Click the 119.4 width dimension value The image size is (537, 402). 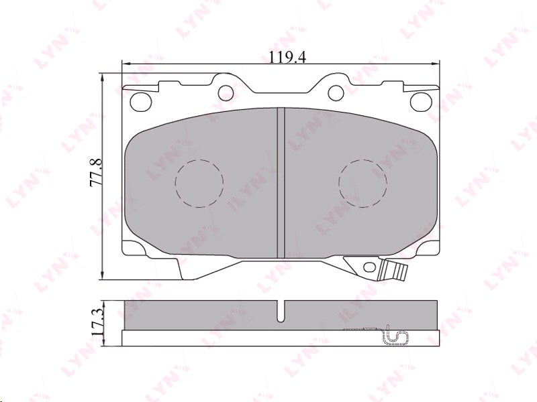287,58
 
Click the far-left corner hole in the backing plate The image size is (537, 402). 141,101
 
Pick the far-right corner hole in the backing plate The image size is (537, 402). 420,101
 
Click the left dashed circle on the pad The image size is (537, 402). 199,183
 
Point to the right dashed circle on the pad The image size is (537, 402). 362,183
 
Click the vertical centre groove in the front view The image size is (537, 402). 281,182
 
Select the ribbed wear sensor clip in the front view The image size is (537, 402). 393,270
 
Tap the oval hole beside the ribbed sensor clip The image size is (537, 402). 369,267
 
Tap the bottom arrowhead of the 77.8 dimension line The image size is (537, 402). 103,275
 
